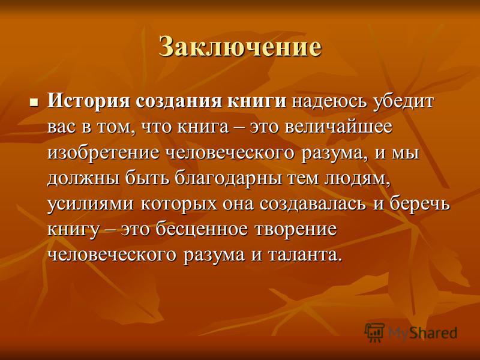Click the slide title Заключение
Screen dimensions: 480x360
241,47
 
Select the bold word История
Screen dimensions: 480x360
89,101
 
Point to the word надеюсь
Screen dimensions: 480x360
329,101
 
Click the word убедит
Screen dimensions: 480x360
403,101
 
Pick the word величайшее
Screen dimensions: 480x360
338,127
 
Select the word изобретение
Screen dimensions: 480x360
103,152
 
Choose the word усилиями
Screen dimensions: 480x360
91,204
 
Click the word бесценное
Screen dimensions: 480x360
202,229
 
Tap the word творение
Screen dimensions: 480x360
295,230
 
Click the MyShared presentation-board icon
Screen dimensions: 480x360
374,332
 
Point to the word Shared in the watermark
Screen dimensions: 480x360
433,332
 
